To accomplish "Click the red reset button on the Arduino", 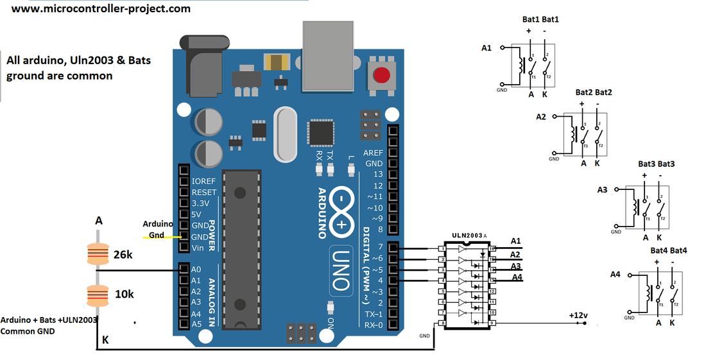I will tap(382, 75).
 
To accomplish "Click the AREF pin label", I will tap(374, 153).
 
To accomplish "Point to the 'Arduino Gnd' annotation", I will tap(157, 229).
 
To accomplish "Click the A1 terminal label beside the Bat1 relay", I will tap(486, 47).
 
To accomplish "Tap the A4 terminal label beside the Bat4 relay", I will tap(615, 275).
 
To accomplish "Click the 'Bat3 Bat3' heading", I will tap(656, 164).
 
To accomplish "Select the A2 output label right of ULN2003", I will tap(515, 254).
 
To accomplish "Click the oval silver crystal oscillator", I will tap(286, 134).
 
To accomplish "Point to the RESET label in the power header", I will tap(204, 192).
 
